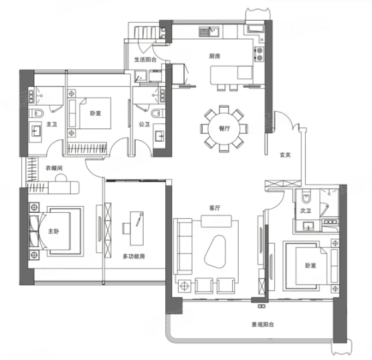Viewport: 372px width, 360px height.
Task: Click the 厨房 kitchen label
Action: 215,56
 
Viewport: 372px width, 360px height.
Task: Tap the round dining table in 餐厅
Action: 224,129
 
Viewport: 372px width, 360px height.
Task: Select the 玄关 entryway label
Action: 285,155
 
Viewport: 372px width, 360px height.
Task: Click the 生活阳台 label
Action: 145,60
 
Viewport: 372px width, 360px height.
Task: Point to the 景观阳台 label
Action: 263,324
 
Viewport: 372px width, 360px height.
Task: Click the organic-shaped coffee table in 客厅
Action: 215,252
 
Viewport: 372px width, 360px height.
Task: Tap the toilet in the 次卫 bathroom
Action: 306,197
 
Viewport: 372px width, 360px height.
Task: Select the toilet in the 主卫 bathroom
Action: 36,114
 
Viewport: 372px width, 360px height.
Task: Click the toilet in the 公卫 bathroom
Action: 157,113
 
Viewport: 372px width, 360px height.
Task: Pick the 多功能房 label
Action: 134,256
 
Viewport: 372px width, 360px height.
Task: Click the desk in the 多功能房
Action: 136,229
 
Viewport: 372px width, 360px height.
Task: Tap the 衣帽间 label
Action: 54,168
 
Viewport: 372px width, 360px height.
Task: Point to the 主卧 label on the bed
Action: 54,231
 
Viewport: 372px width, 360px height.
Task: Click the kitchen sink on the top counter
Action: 209,32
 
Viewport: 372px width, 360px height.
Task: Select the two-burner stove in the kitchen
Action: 260,54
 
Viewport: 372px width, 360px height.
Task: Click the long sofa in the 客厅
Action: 183,246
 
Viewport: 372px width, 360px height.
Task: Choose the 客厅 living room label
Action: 215,208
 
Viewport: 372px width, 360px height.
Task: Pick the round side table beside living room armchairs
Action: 185,286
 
